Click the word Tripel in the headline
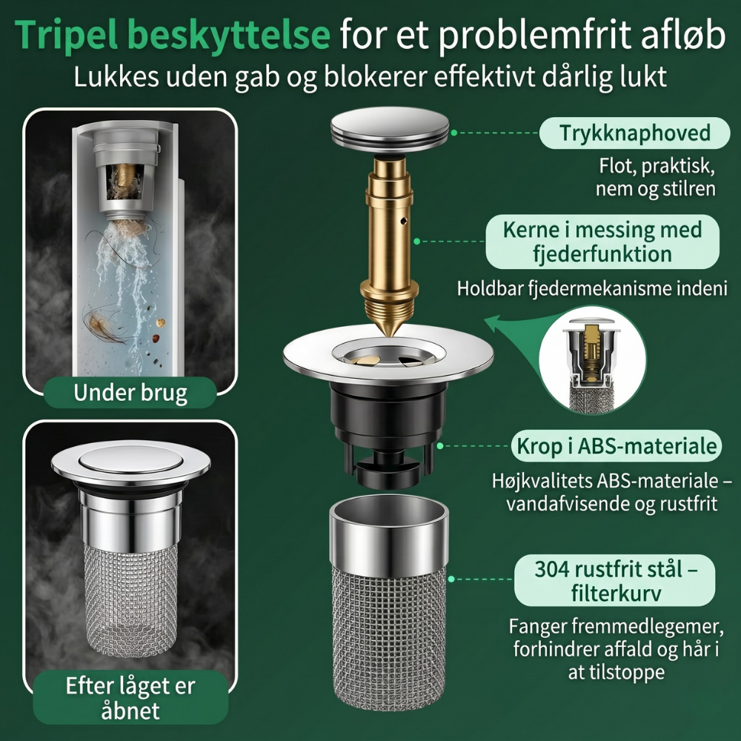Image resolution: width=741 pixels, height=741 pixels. click(67, 35)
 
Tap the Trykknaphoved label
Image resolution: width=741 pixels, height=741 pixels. click(635, 133)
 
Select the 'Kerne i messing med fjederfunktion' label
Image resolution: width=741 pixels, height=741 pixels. click(602, 242)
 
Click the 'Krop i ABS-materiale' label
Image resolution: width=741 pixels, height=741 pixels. click(617, 446)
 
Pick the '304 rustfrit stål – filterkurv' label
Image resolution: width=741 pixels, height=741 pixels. click(615, 580)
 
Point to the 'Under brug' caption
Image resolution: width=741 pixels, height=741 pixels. click(130, 393)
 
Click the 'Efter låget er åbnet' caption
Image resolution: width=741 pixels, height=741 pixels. click(130, 697)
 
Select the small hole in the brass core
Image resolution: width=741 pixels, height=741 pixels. click(403, 220)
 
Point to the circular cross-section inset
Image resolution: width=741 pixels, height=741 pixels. click(593, 360)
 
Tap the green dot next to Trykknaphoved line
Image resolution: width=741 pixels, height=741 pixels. click(454, 133)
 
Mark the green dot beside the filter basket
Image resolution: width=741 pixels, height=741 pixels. click(451, 579)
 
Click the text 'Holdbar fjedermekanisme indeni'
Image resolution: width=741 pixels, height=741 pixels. click(592, 289)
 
